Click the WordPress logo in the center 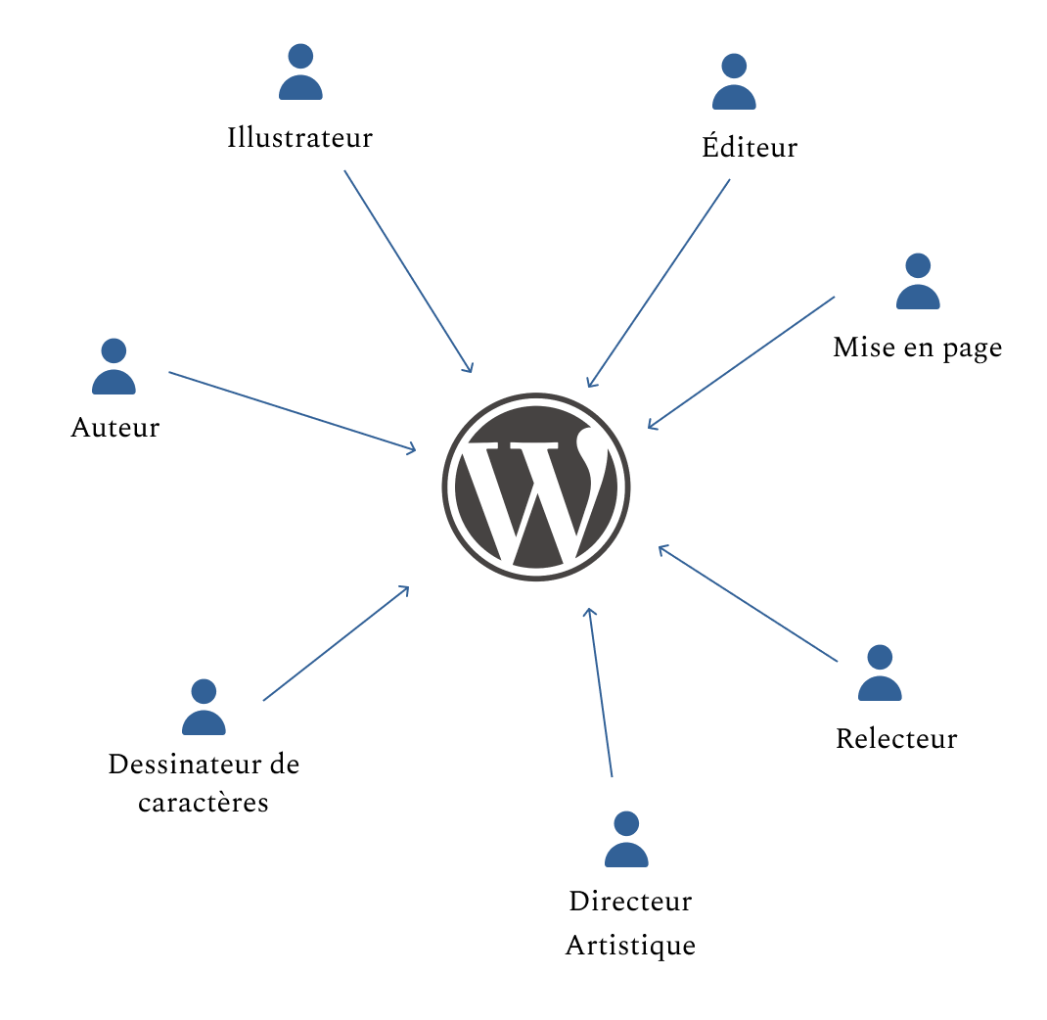click(x=536, y=487)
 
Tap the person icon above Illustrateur click(x=300, y=72)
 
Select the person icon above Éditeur click(x=734, y=82)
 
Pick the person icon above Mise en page click(x=918, y=282)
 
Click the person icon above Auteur click(x=114, y=367)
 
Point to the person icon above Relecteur click(x=880, y=673)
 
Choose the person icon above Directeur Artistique click(x=626, y=840)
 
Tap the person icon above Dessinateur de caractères click(x=204, y=708)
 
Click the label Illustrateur click(x=299, y=137)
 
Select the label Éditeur click(x=750, y=147)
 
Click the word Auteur click(x=114, y=428)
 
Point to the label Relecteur click(x=896, y=738)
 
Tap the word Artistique click(x=630, y=946)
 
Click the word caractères click(x=203, y=803)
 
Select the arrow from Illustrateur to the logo click(x=408, y=271)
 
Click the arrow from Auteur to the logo click(x=292, y=411)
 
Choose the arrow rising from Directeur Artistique click(x=600, y=691)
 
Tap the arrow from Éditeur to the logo click(x=659, y=283)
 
